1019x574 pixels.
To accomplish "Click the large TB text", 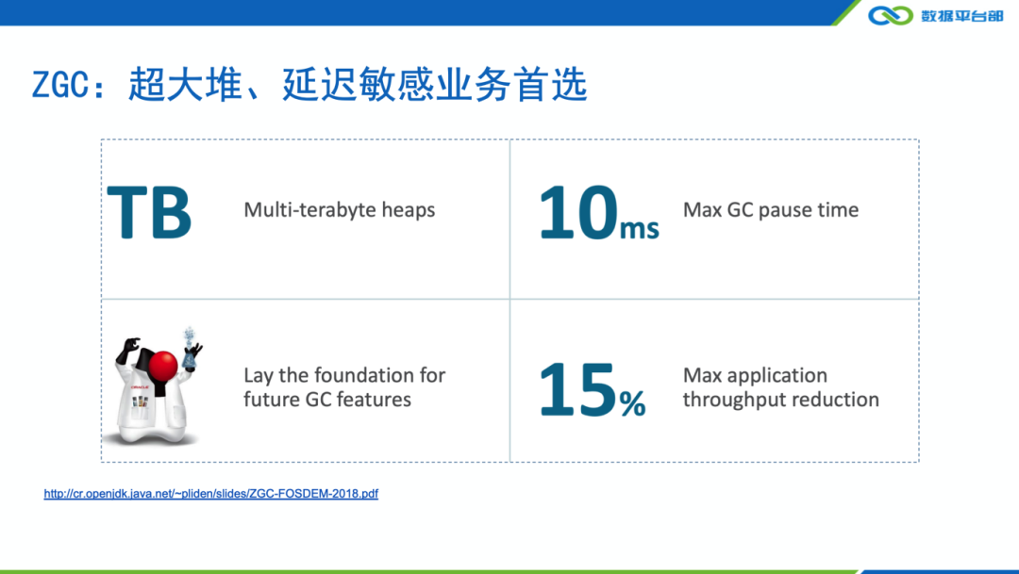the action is click(x=149, y=212).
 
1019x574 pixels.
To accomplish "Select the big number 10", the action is click(x=577, y=212).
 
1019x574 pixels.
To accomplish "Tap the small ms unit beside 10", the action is click(x=640, y=229).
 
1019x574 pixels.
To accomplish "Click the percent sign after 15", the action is click(x=632, y=403).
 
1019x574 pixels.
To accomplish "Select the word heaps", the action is click(x=409, y=210).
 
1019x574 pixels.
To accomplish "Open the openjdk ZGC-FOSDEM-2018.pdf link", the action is click(x=211, y=494).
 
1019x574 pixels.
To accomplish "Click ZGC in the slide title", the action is click(x=59, y=85).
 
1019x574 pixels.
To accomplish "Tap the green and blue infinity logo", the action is click(x=891, y=15).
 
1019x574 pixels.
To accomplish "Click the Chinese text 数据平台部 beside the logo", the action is click(x=961, y=16).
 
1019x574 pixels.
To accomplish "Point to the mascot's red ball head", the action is click(x=163, y=366).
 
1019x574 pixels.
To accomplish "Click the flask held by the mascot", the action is click(x=189, y=352).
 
